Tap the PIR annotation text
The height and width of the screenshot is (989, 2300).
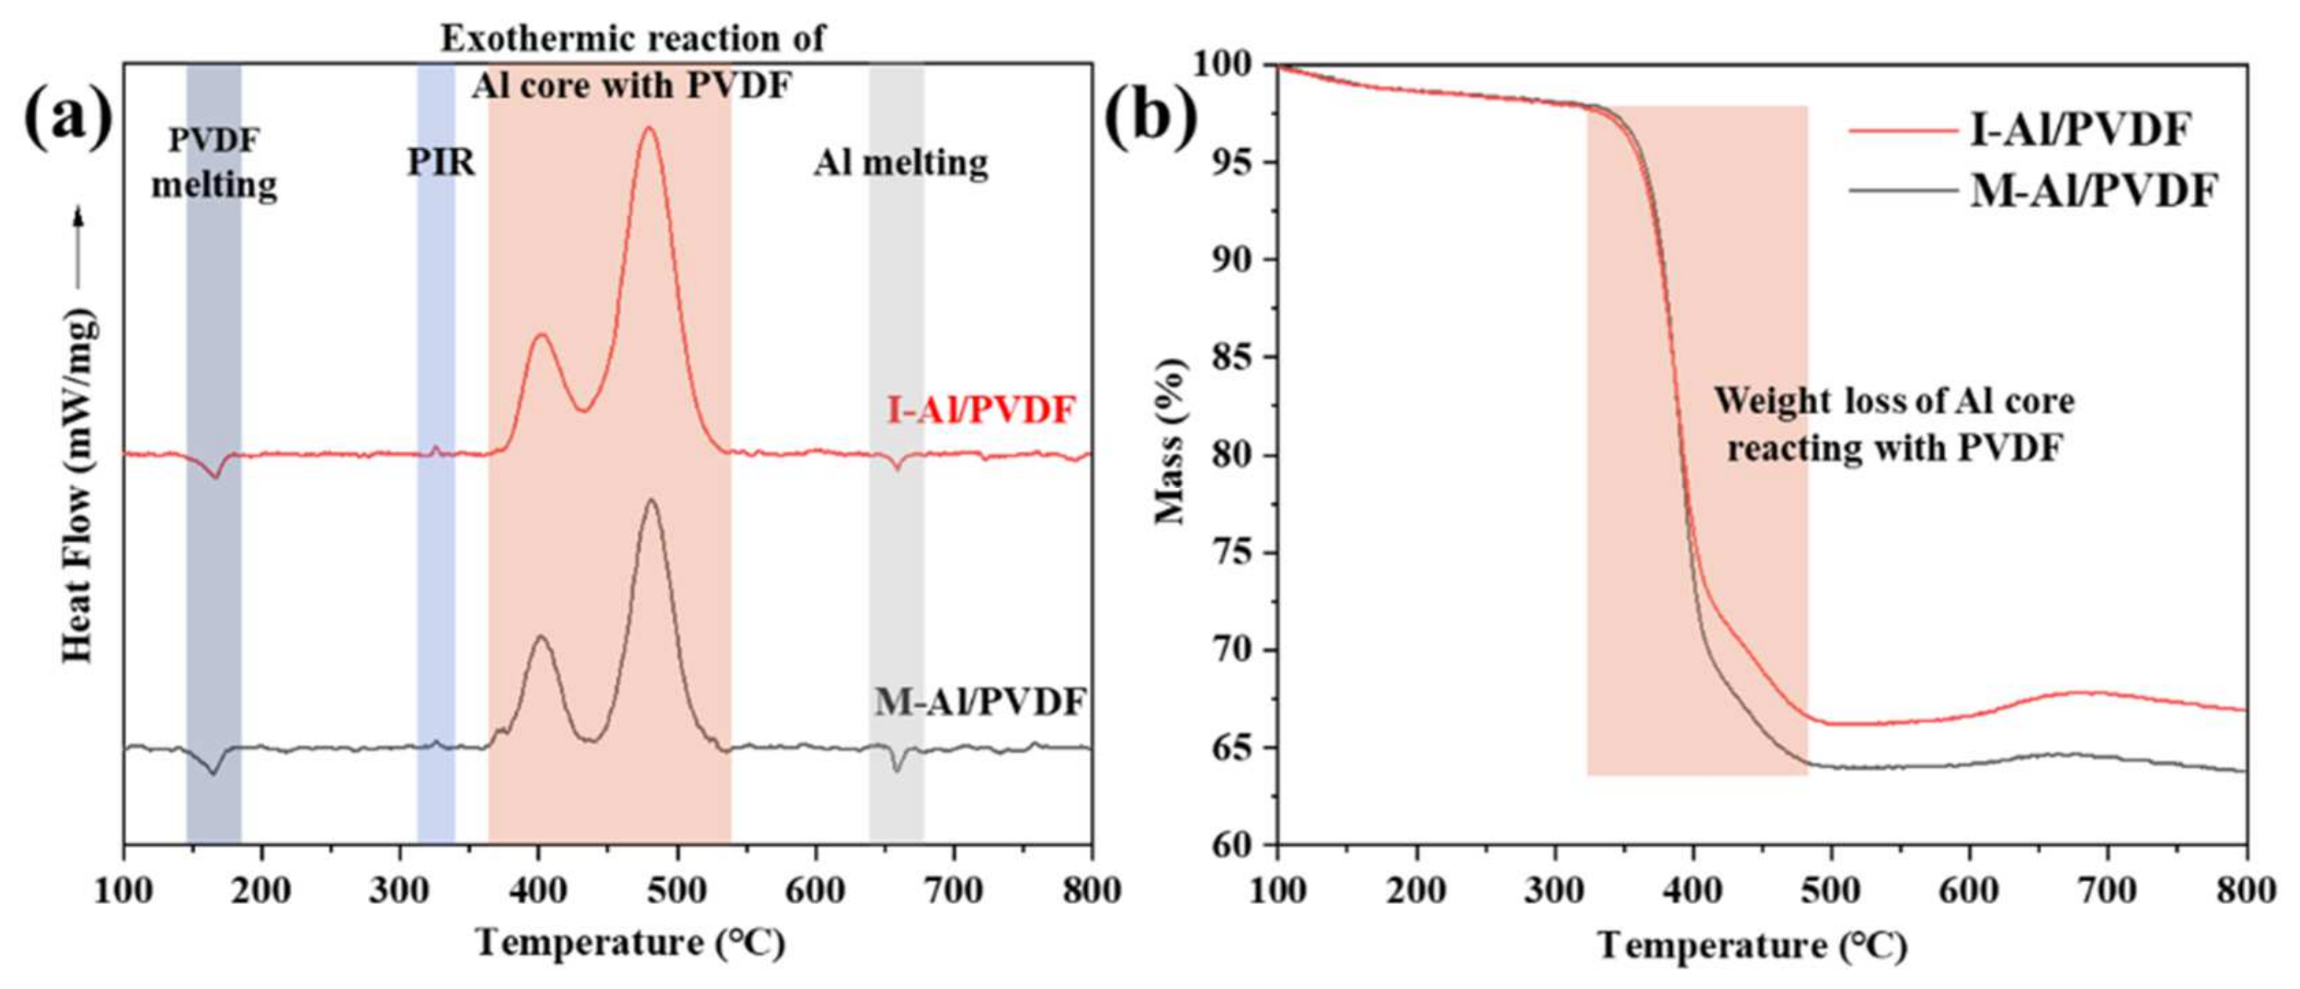tap(441, 163)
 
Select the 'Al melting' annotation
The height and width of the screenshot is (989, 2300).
tap(900, 163)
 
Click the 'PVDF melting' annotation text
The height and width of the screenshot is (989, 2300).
tap(214, 163)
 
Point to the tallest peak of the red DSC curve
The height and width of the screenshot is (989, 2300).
tap(649, 129)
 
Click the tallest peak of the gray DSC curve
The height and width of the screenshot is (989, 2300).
tap(651, 500)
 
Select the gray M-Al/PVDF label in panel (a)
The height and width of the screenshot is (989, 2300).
tap(979, 702)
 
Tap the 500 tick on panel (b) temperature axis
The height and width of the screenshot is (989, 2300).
tap(1831, 890)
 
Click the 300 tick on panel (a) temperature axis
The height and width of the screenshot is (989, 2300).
tap(401, 890)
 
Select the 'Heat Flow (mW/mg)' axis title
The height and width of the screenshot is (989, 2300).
tap(79, 487)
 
